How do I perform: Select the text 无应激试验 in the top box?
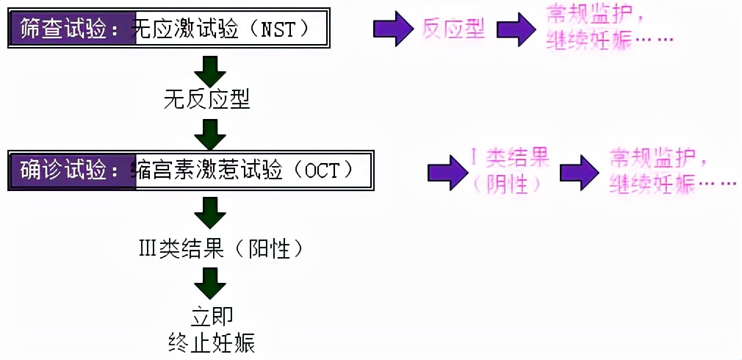185,29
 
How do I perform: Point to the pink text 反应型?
454,29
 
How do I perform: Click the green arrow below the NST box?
209,70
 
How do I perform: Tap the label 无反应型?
207,100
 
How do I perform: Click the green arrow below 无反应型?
209,134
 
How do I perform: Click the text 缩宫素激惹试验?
209,170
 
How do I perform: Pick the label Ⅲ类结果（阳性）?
220,249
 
